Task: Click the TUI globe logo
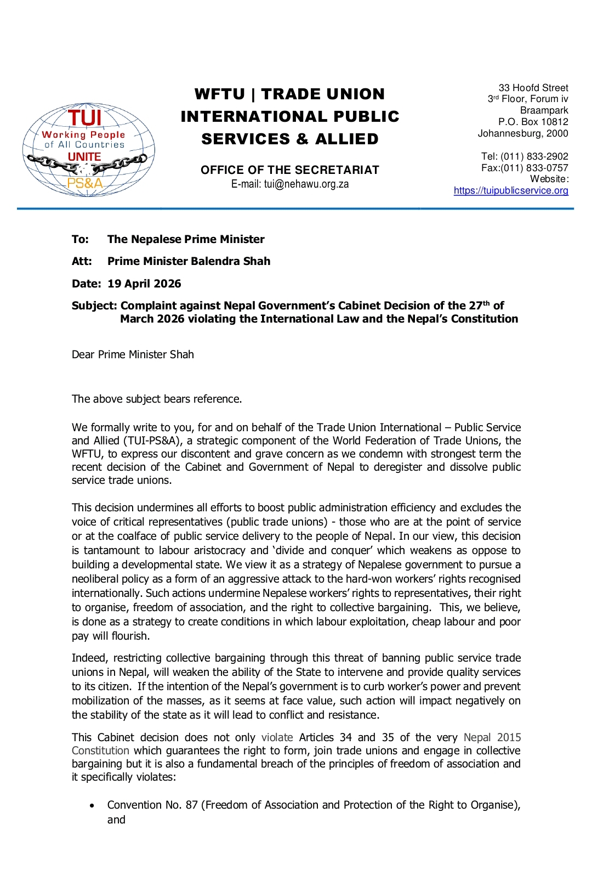pos(88,149)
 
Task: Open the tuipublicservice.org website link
pos(510,190)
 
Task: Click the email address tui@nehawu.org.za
pos(306,184)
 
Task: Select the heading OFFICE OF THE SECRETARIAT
pos(289,170)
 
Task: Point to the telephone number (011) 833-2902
pos(534,156)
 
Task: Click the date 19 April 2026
pos(144,284)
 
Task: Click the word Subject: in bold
pos(94,306)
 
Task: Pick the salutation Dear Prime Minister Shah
pos(133,354)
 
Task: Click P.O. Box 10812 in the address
pos(533,122)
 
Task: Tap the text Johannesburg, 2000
pos(522,133)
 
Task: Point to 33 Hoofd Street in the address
pos(533,88)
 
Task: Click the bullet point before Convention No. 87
pos(92,806)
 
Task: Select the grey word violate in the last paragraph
pos(277,737)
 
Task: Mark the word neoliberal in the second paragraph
pos(95,579)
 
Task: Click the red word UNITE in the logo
pos(84,157)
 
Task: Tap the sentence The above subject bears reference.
pos(157,399)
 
